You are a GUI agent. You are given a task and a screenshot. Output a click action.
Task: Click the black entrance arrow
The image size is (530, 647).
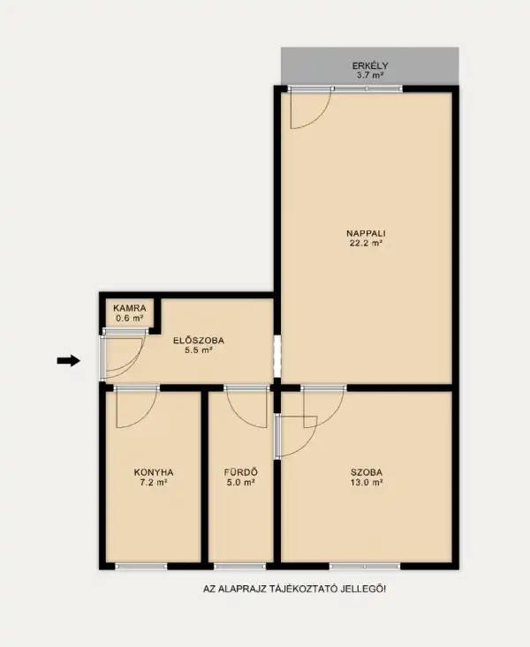coord(69,360)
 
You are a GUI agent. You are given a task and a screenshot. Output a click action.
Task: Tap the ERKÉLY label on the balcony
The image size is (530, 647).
coord(370,65)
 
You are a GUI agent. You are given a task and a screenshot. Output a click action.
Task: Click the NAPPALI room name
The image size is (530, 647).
coord(366,233)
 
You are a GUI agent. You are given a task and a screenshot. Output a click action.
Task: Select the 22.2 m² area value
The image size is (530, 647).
coord(366,244)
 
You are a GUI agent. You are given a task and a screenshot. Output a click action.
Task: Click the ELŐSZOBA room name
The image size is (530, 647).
coord(199,340)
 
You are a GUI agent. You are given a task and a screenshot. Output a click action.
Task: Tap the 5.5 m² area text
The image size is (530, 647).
coord(199,350)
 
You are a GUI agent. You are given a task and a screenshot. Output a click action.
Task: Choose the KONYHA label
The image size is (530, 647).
coord(154,471)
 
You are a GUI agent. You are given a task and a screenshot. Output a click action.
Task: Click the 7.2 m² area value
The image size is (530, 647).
coord(154,483)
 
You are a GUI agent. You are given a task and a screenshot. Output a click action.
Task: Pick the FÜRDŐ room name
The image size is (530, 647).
coord(239,471)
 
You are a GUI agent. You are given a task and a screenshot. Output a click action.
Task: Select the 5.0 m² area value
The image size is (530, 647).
coord(239,483)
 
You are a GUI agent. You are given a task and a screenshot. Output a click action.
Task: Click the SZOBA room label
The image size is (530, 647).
coord(366,471)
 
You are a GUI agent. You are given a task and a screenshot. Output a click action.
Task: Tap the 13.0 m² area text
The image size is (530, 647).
coord(366,483)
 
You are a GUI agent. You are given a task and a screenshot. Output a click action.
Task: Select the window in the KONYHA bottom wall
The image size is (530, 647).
coord(140,566)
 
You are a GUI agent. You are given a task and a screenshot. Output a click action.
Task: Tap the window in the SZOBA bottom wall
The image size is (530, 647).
coord(358,566)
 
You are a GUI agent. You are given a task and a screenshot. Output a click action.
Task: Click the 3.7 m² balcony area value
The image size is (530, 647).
coord(370,76)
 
